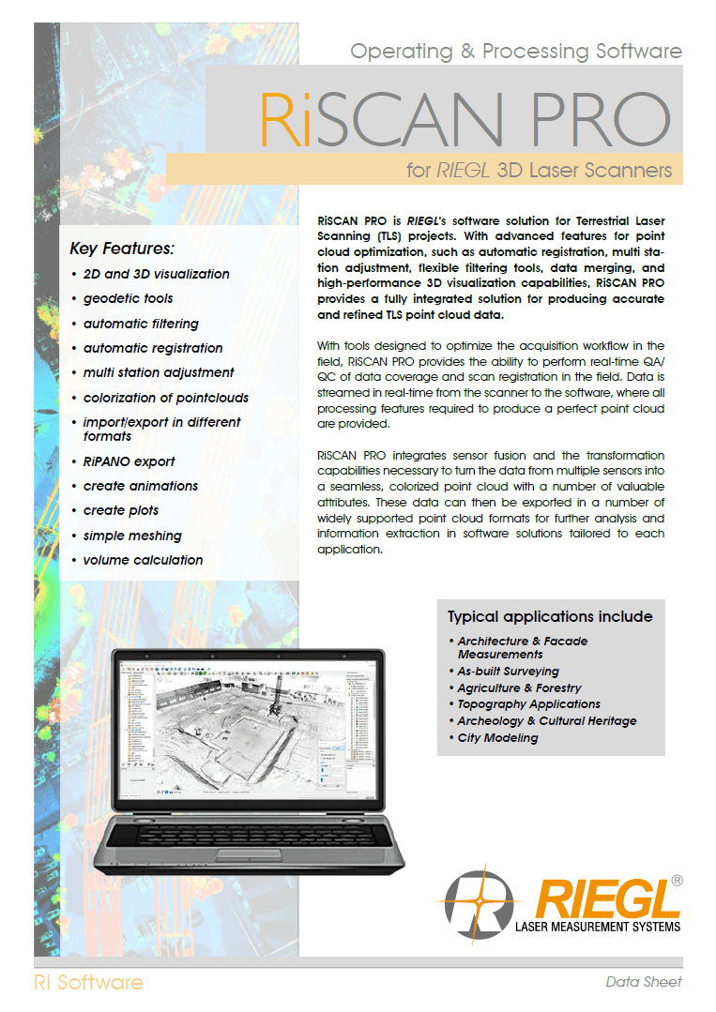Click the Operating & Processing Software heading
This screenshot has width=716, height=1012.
515,52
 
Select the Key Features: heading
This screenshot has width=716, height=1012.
122,249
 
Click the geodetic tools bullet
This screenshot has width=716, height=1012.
128,298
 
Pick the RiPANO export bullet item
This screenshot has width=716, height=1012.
129,461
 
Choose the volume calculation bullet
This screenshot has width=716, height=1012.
143,560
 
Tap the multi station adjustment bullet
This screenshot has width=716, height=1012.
159,372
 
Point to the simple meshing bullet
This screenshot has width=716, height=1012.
132,536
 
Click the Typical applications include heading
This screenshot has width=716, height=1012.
550,616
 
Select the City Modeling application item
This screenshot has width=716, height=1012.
497,738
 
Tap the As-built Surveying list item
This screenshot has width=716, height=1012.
508,672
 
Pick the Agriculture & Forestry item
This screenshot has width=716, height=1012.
519,687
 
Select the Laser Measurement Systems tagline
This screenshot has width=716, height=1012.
598,929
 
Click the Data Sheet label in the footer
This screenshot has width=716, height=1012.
644,982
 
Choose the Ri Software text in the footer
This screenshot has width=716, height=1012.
88,982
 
